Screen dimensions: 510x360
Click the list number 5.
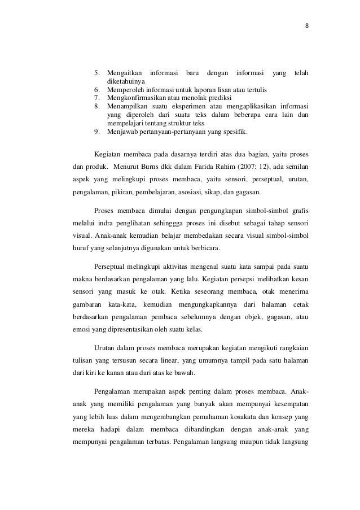point(96,73)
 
